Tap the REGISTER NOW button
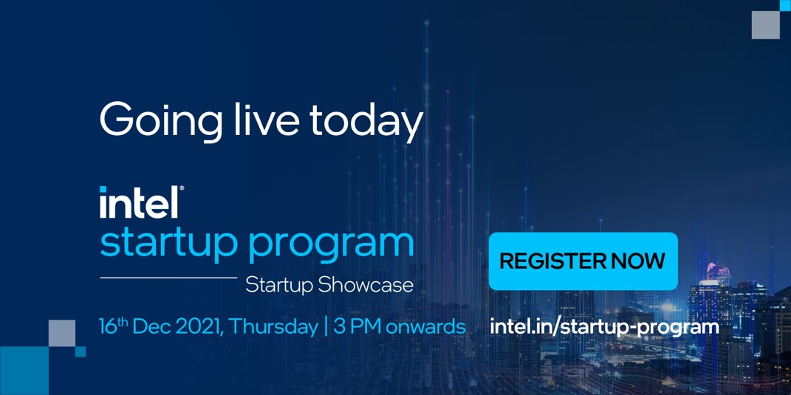[x=583, y=261]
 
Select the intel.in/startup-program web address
[x=604, y=326]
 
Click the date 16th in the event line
[x=114, y=326]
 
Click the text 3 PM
[x=357, y=327]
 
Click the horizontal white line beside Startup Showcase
[x=168, y=278]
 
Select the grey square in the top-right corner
[x=765, y=24]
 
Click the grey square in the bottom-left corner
[x=62, y=333]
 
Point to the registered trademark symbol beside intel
[x=182, y=189]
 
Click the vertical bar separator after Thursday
[x=325, y=327]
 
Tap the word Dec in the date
[x=156, y=327]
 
